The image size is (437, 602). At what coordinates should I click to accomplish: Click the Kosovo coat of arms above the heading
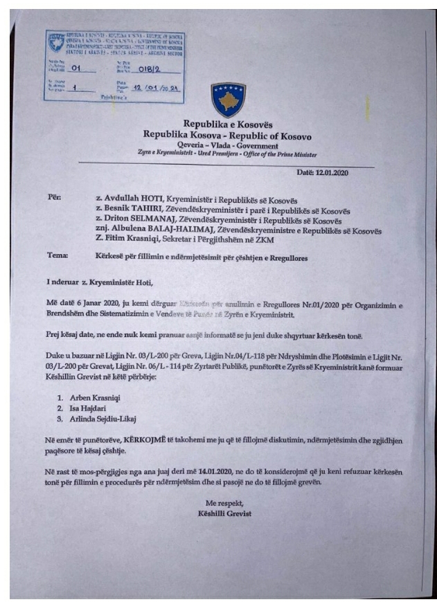[227, 100]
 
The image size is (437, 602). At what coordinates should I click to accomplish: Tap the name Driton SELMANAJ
[129, 221]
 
